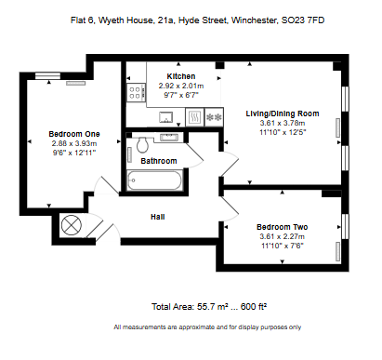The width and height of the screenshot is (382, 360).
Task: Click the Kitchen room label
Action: [181, 76]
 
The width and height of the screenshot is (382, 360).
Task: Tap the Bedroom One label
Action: [74, 134]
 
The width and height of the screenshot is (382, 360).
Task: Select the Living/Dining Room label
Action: [283, 113]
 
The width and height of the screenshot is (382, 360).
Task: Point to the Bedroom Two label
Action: [283, 227]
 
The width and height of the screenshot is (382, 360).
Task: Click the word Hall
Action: [158, 217]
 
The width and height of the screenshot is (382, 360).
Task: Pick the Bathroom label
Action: [159, 161]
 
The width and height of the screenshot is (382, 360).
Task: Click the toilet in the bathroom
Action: [142, 144]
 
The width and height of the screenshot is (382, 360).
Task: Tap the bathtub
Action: [154, 180]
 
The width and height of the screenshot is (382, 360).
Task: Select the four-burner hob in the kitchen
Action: [136, 92]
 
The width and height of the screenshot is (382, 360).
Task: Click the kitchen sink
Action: [166, 117]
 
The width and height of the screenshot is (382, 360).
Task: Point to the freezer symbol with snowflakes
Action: [214, 117]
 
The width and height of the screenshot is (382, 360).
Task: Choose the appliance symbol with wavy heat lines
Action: [195, 117]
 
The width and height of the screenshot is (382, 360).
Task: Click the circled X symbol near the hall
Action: [72, 225]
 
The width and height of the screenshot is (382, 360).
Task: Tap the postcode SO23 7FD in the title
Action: [303, 20]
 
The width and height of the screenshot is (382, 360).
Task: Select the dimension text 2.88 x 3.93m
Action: [74, 143]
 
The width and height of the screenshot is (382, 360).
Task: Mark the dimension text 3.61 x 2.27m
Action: [283, 236]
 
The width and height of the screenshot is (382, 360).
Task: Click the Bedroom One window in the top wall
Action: [47, 76]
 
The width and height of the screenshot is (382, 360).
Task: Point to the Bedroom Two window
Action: [345, 226]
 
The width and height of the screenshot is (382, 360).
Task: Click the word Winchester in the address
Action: [255, 20]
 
